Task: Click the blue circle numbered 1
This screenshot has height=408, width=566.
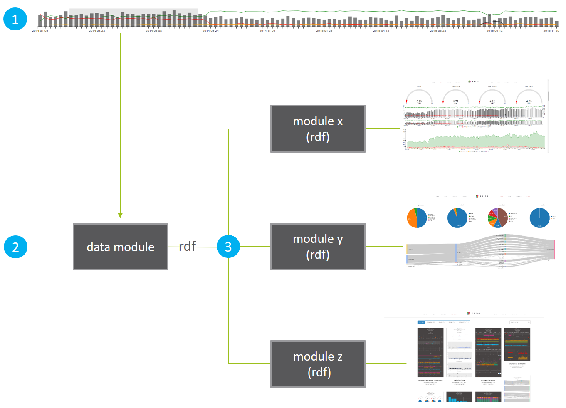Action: point(15,19)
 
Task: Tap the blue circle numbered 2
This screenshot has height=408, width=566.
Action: point(15,247)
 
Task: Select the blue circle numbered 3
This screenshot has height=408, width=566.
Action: point(228,247)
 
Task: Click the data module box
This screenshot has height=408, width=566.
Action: point(121,247)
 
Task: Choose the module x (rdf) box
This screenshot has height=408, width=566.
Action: point(318,129)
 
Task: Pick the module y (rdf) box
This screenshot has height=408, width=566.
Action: point(318,247)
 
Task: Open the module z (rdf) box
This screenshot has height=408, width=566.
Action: point(318,364)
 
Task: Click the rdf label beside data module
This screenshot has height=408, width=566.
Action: point(187,246)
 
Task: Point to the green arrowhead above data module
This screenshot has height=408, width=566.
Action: point(120,215)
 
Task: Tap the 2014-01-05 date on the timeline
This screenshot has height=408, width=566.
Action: point(40,31)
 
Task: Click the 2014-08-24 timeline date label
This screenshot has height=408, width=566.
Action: point(210,31)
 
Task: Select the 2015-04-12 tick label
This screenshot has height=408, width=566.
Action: point(381,31)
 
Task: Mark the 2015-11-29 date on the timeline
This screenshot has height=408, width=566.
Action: point(551,31)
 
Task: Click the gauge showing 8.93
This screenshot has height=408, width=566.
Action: point(419,98)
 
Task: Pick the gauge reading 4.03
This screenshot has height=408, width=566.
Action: point(529,98)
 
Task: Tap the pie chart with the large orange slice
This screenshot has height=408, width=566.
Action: point(417,218)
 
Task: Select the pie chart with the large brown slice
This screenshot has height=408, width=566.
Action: point(498,218)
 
